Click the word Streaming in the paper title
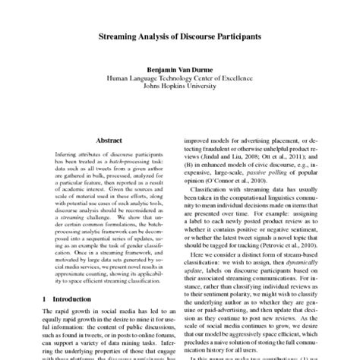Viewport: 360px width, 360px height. click(x=124, y=36)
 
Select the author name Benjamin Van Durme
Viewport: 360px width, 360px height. click(x=180, y=68)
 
